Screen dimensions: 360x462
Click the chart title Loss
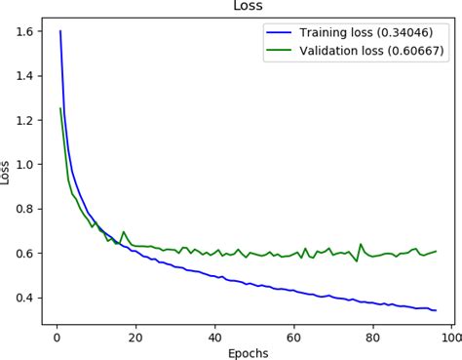(247, 7)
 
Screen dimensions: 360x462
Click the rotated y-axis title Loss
(9, 174)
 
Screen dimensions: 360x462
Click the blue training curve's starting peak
(60, 31)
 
